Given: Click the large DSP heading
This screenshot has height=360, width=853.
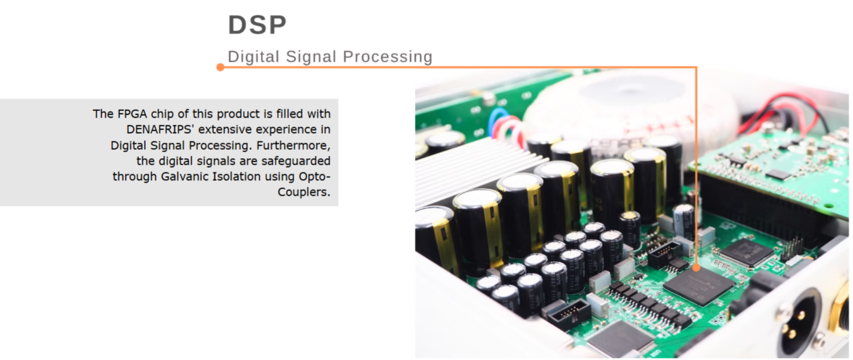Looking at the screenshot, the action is pyautogui.click(x=257, y=25).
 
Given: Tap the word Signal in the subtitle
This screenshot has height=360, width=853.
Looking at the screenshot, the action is pyautogui.click(x=311, y=57).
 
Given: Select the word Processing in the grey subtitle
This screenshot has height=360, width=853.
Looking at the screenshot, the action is pyautogui.click(x=388, y=57).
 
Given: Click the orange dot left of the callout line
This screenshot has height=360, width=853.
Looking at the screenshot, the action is pyautogui.click(x=220, y=67).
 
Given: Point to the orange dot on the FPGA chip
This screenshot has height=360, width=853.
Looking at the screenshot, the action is pyautogui.click(x=696, y=267).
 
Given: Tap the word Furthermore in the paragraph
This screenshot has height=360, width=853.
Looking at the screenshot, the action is pyautogui.click(x=293, y=145).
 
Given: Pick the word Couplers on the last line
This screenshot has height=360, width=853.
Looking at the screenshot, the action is pyautogui.click(x=303, y=192).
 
